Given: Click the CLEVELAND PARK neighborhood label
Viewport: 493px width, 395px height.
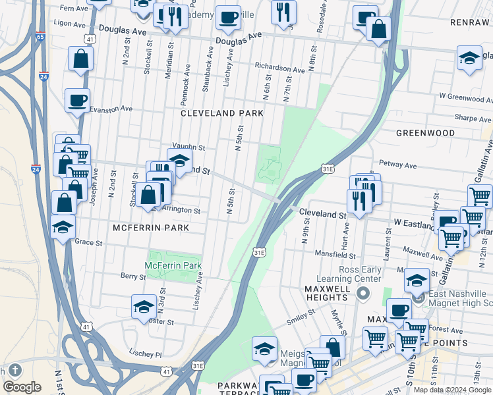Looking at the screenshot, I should point(222,113).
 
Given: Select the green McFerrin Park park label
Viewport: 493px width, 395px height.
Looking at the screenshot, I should point(173,265).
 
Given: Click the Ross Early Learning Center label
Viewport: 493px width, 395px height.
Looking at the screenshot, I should point(360,274).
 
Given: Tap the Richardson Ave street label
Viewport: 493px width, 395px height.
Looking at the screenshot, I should point(279,68).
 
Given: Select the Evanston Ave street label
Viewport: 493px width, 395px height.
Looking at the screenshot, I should point(111,109).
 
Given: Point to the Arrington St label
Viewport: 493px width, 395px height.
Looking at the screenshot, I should point(179,210).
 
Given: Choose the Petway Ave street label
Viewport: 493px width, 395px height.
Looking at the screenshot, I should point(397,165).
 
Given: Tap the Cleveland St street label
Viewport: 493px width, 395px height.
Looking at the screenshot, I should point(323,214).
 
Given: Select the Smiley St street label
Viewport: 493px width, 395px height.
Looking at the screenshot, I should point(300,317).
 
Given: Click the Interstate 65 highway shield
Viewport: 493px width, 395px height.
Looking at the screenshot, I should point(40,38).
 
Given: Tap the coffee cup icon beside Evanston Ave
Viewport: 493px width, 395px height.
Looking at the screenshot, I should point(77,101).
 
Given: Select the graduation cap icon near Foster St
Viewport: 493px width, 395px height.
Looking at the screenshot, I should point(143,307).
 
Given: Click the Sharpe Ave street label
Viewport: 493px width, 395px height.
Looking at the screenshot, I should point(473,118).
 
